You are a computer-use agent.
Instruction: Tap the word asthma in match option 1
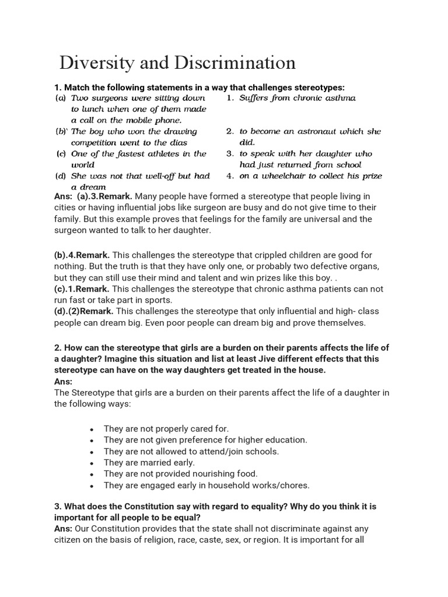click(339, 98)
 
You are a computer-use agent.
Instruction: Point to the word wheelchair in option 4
click(299, 176)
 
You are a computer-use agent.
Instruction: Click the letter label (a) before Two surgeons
click(60, 98)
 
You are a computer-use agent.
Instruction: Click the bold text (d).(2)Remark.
click(83, 311)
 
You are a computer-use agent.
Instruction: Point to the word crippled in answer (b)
click(257, 255)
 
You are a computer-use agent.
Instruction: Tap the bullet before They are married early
click(92, 463)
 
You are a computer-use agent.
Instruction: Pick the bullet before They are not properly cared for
click(92, 429)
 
